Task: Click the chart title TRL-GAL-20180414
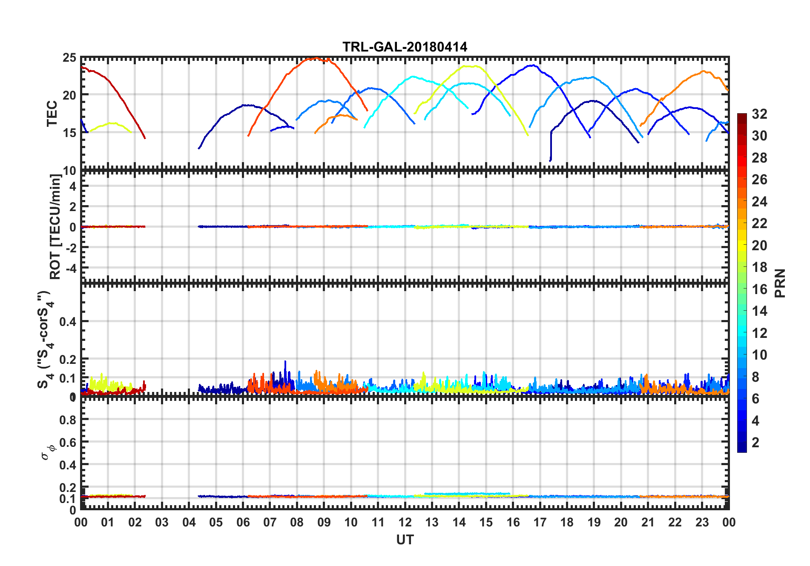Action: tap(405, 46)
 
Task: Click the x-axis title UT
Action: tap(405, 540)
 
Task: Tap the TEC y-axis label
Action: tap(52, 114)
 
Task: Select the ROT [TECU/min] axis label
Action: tap(55, 226)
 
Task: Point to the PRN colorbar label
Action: tap(780, 283)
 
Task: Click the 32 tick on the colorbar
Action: tap(759, 114)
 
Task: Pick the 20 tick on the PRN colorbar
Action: tap(759, 246)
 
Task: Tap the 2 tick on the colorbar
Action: tap(755, 443)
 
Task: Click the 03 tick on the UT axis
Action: tap(162, 522)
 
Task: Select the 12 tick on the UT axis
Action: tap(405, 522)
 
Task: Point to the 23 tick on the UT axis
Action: tap(702, 522)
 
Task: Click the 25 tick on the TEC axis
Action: tap(70, 58)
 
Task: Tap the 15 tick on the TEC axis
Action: tap(70, 132)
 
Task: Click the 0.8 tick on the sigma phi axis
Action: tap(68, 420)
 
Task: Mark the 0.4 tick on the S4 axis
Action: tap(68, 322)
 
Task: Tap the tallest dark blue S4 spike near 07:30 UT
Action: tap(285, 362)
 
